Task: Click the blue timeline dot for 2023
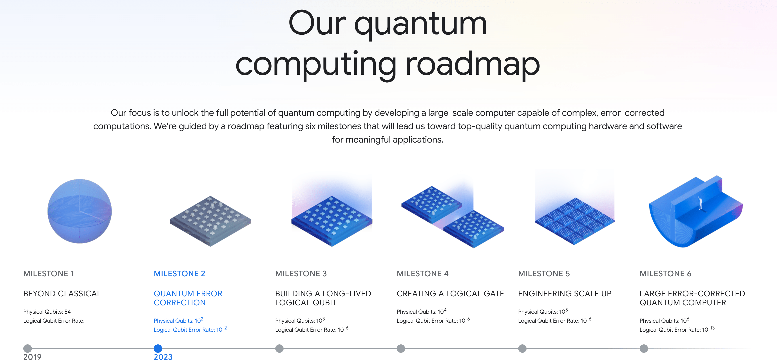[158, 348]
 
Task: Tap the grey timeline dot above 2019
[27, 348]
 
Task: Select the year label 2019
[32, 357]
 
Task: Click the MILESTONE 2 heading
[179, 273]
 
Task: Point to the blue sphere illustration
[80, 211]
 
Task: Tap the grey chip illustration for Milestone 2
[210, 221]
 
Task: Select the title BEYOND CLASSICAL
[62, 293]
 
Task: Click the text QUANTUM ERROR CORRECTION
[188, 298]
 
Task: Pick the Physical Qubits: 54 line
[47, 311]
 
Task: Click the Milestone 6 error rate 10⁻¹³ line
[677, 329]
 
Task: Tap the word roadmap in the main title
[472, 64]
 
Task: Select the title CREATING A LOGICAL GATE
[450, 293]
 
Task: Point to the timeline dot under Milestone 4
[400, 348]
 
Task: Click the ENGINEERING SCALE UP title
[564, 293]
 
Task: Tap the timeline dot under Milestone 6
[644, 348]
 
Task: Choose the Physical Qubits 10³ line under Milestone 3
[299, 320]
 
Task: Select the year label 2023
[163, 357]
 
